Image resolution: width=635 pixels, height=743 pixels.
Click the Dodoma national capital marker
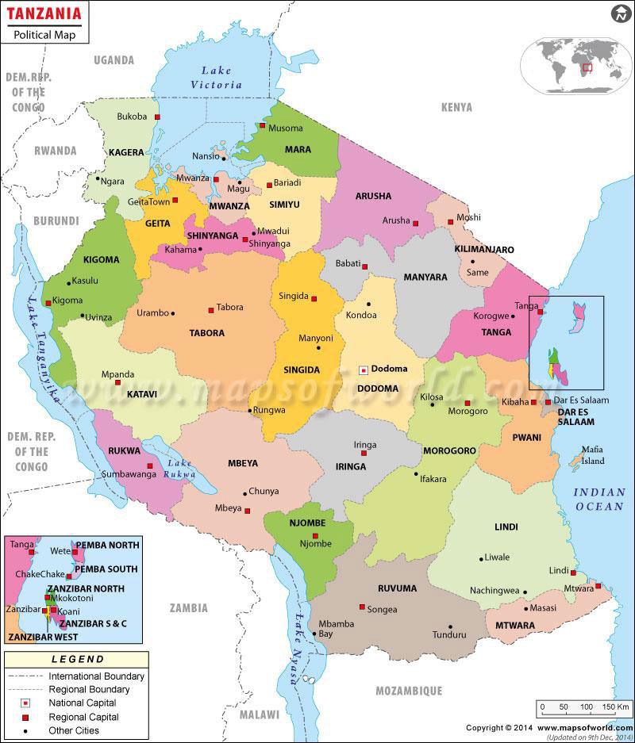click(364, 370)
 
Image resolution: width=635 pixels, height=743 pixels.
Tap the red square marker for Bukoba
click(158, 117)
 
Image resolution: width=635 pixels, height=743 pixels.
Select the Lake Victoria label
click(216, 78)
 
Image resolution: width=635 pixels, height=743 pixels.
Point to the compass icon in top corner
click(620, 13)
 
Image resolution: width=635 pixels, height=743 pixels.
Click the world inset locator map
click(573, 59)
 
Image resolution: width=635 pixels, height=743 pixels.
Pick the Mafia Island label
click(592, 455)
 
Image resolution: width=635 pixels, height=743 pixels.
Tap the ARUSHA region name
click(373, 196)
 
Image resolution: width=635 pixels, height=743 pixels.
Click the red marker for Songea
click(362, 607)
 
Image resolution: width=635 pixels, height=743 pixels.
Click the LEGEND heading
click(78, 659)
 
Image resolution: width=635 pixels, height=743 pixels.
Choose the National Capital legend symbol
click(26, 703)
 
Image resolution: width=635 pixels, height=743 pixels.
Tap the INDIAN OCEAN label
click(600, 500)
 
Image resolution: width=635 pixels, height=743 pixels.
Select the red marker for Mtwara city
click(598, 586)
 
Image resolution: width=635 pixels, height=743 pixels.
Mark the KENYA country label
click(456, 107)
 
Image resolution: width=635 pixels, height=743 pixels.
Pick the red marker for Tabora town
click(211, 310)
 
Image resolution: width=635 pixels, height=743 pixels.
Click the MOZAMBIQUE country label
click(409, 691)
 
